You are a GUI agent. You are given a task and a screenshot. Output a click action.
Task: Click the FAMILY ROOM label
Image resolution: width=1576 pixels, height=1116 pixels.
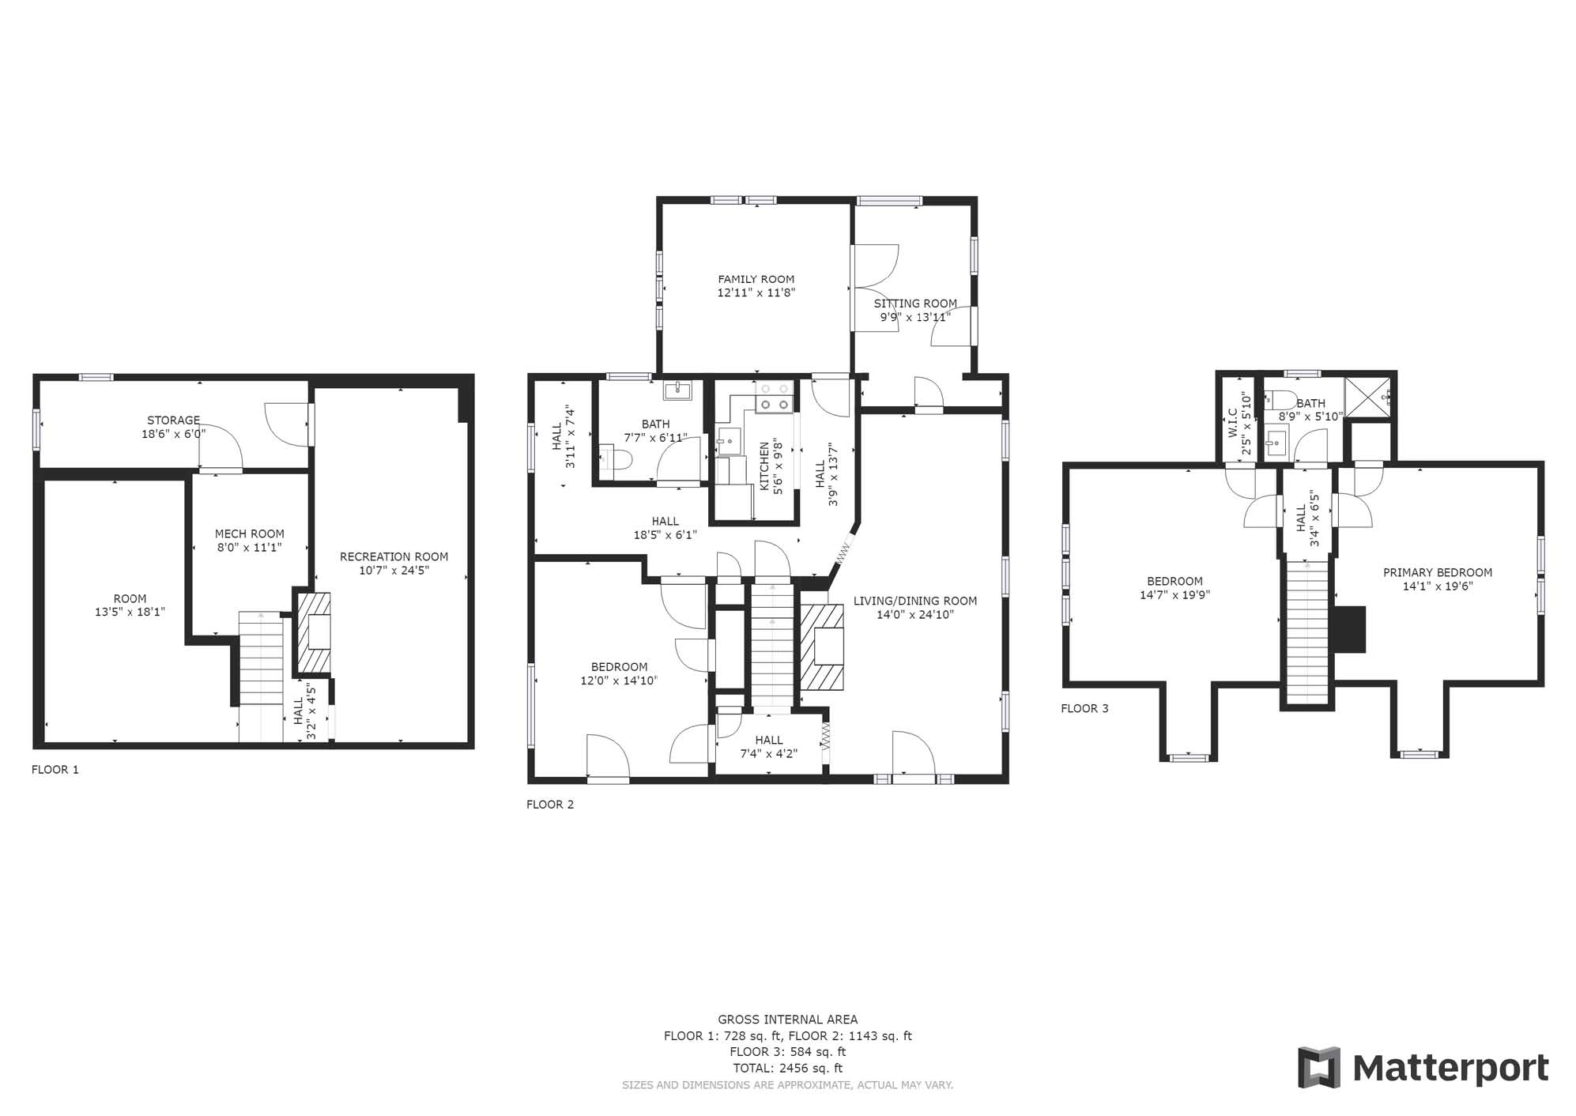point(756,279)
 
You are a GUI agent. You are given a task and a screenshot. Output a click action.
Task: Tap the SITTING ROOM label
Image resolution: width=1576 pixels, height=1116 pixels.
point(915,304)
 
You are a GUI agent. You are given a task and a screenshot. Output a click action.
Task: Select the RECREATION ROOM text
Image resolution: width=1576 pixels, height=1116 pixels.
point(394,556)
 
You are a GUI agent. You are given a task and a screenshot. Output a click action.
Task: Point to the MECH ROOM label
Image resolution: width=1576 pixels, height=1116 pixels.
point(249,533)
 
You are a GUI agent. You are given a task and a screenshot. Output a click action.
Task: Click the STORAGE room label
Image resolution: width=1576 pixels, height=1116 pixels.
point(173,420)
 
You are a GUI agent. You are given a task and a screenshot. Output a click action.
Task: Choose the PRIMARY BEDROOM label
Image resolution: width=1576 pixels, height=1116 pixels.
point(1437,572)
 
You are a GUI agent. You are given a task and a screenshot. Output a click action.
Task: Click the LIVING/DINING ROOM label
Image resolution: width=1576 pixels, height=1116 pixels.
point(915,601)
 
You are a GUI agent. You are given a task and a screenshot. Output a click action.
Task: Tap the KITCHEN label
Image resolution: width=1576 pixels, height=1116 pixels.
point(764,466)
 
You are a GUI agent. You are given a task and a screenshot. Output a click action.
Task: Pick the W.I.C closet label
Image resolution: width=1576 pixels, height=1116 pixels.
point(1232,423)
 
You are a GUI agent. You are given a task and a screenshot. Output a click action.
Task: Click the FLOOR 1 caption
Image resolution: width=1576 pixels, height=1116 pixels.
point(55,769)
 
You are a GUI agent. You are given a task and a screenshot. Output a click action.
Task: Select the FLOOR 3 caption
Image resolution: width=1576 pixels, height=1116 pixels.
point(1084,708)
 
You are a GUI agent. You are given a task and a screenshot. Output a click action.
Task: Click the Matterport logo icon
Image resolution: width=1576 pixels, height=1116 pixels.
point(1318,1066)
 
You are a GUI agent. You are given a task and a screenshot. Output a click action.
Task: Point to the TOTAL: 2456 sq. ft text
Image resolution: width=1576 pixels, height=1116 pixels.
point(787,1068)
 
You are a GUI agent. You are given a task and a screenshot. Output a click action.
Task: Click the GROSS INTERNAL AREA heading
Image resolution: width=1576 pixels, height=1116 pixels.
point(787,1020)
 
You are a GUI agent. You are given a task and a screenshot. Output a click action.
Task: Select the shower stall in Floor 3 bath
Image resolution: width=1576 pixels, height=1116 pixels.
point(1367,396)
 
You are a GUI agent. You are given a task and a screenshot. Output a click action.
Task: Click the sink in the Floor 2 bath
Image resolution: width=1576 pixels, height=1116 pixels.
point(677,390)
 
